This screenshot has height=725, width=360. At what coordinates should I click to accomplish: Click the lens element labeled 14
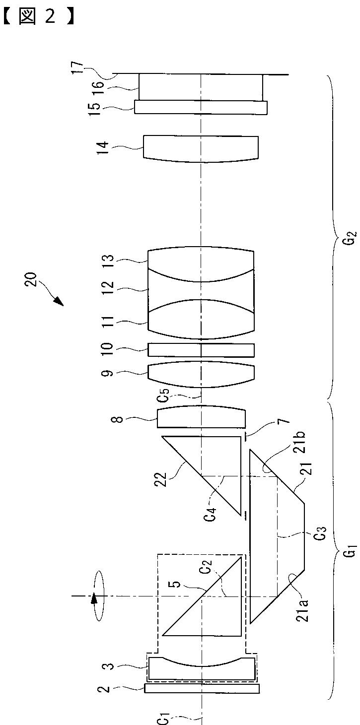tap(201, 148)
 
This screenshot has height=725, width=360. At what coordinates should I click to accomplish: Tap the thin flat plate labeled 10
tap(201, 350)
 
